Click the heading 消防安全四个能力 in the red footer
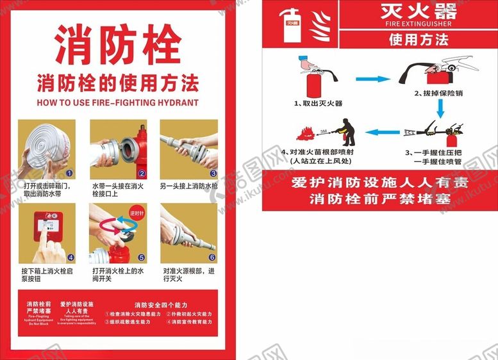point(157,304)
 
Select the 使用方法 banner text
point(419,40)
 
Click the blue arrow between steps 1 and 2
point(372,79)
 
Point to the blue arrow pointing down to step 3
point(440,110)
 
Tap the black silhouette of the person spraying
point(347,131)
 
